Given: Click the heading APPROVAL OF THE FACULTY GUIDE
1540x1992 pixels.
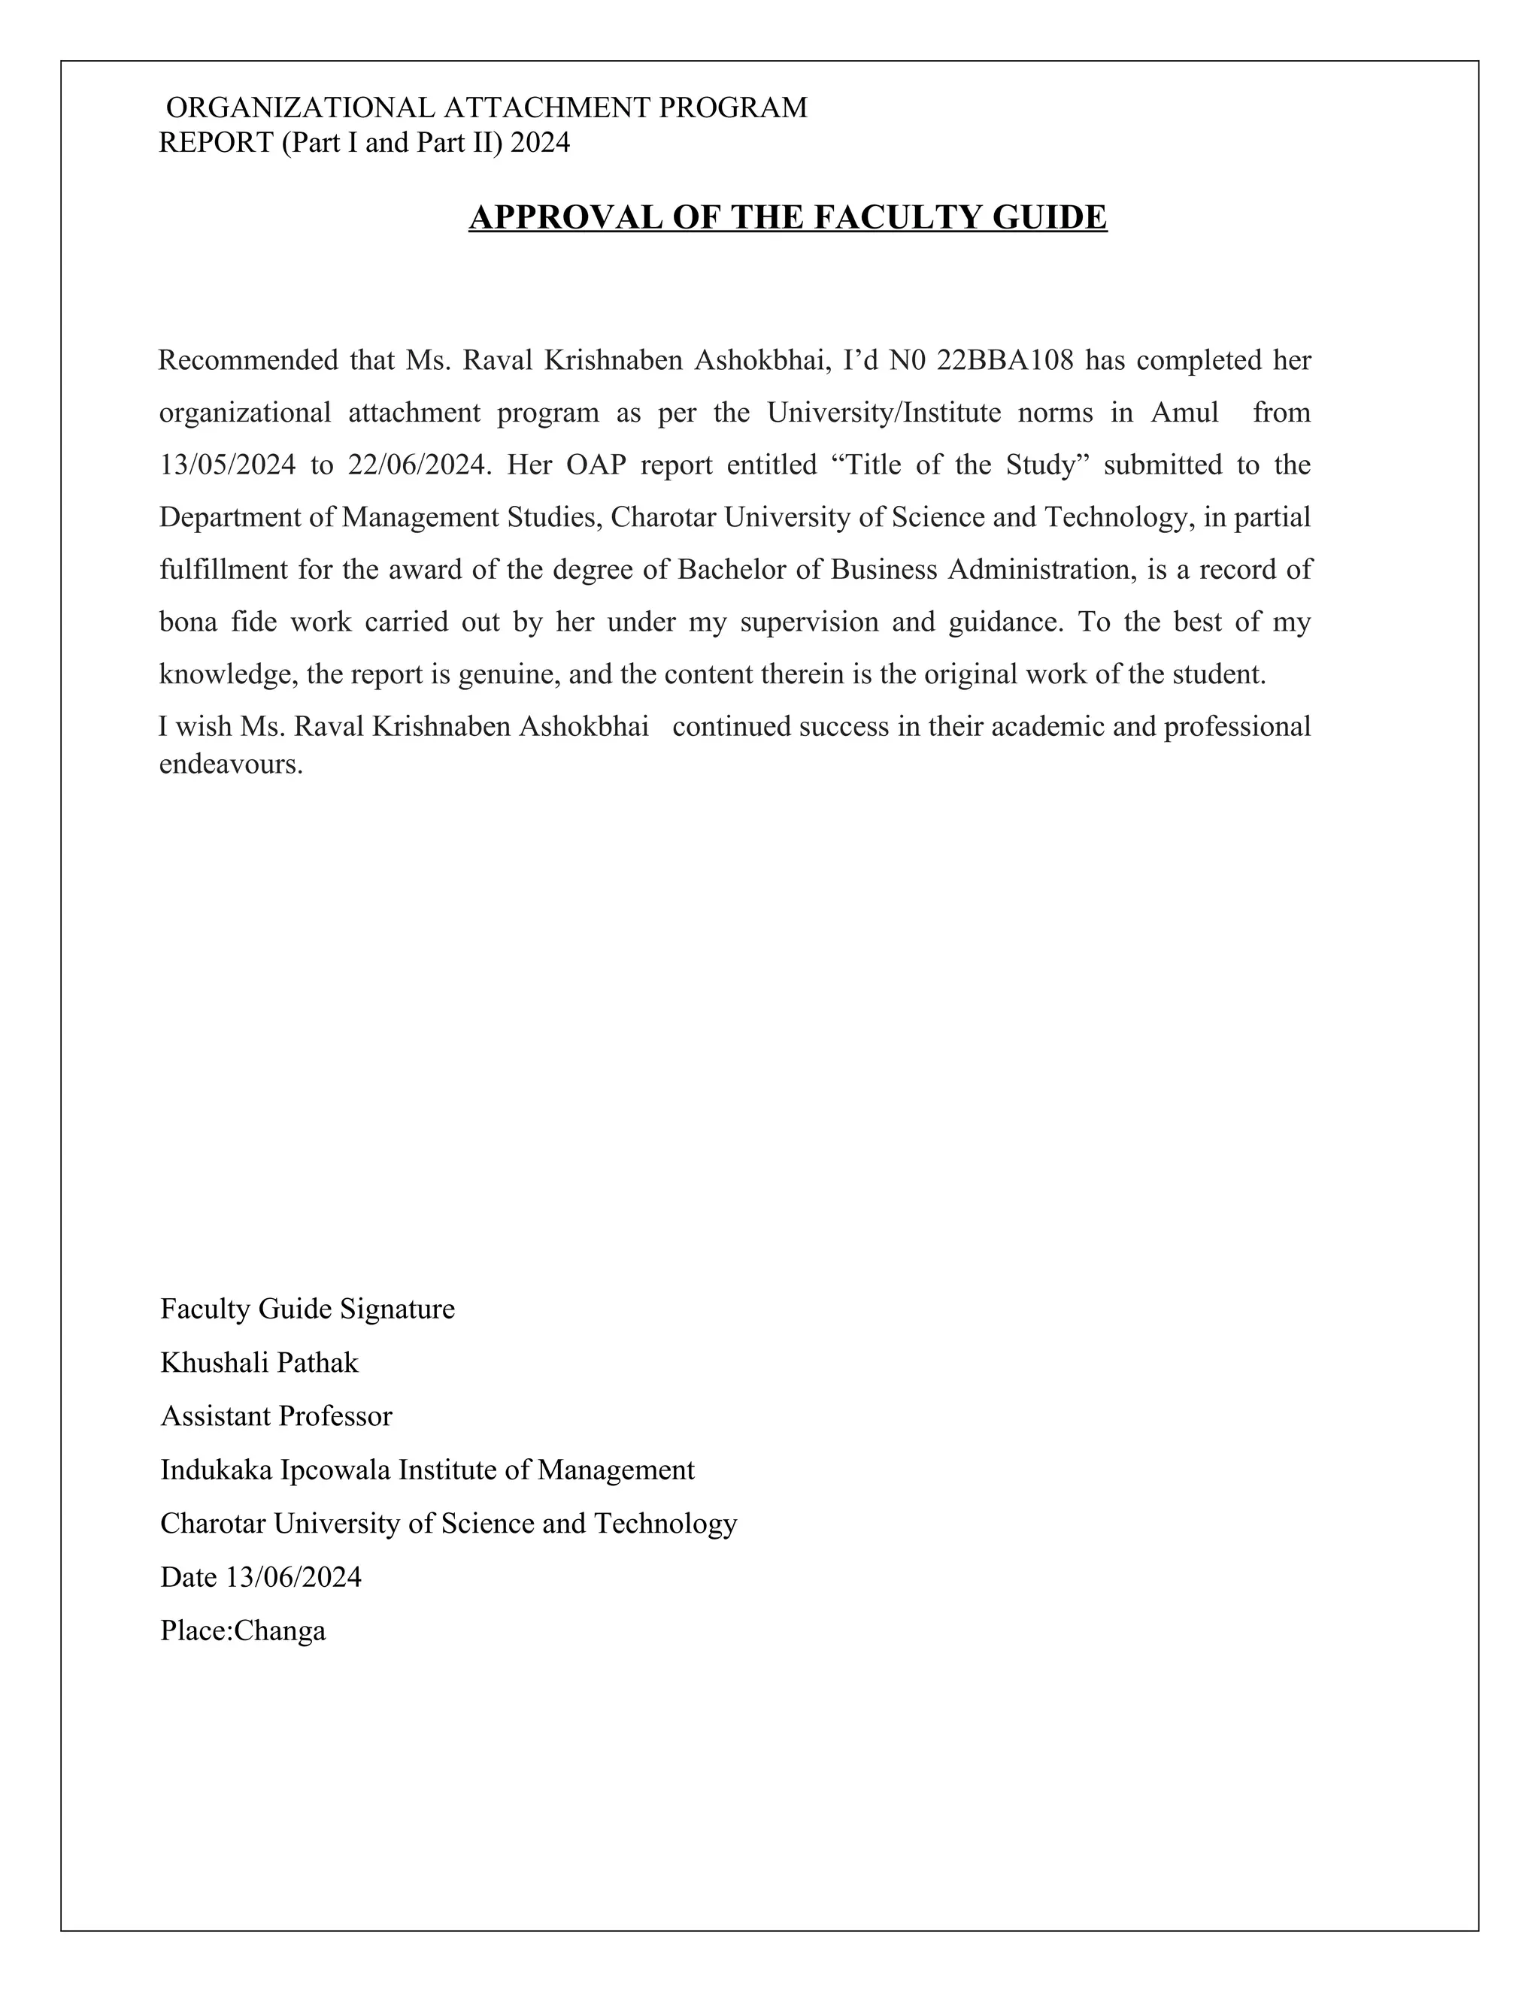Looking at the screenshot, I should point(787,218).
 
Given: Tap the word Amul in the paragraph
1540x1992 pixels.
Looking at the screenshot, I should point(1184,413).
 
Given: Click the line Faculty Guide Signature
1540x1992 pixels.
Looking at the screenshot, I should point(308,1309).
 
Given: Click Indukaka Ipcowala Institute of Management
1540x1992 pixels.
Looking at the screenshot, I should point(427,1470).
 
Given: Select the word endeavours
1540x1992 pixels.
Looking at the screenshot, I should point(230,764).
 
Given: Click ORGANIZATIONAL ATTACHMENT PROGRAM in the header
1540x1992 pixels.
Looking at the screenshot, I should point(487,108).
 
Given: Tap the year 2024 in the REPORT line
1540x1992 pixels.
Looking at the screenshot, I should point(540,143).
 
